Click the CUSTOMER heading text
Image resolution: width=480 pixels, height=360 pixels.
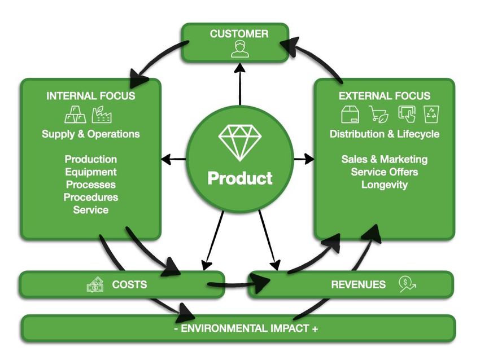click(239, 34)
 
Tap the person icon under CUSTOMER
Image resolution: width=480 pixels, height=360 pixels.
click(239, 50)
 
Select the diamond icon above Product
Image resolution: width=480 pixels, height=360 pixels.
click(240, 143)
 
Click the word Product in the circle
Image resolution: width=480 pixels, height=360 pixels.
click(240, 178)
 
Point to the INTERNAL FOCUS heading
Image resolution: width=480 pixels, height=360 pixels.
click(90, 96)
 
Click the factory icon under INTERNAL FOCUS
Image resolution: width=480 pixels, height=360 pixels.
click(102, 115)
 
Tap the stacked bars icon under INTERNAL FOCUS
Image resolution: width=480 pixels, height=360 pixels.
click(76, 115)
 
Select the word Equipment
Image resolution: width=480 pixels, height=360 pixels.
click(90, 172)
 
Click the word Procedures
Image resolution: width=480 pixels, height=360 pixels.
click(90, 197)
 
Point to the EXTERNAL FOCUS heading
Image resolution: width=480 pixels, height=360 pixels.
click(385, 96)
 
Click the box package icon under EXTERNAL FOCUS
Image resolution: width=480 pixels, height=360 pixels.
click(350, 115)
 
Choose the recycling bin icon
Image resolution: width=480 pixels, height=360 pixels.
click(431, 115)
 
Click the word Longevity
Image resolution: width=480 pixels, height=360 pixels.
click(385, 185)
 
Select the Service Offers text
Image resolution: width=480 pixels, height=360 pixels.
click(385, 172)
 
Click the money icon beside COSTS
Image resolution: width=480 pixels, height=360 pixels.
click(95, 284)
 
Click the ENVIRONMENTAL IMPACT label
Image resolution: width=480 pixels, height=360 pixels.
click(246, 328)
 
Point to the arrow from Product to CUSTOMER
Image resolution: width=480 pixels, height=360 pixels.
click(240, 84)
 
